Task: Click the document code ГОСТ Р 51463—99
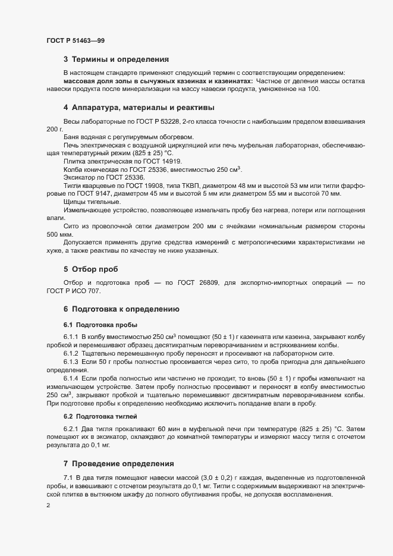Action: (76, 40)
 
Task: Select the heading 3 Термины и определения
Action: (116, 59)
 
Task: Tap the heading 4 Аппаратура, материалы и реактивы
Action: (139, 108)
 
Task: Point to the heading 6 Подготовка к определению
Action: (121, 309)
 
